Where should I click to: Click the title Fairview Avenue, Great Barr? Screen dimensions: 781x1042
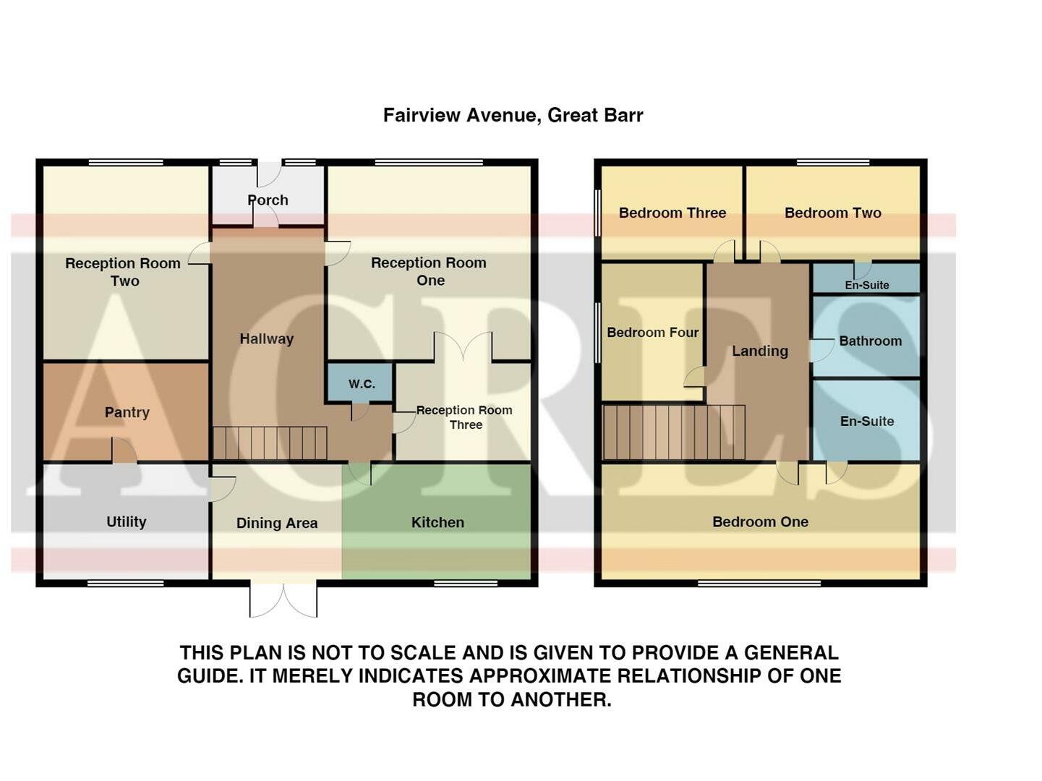tap(513, 115)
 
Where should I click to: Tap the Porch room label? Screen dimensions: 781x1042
tap(268, 200)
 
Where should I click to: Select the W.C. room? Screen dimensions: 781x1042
tap(361, 383)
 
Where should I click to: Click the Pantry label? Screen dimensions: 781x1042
tap(127, 412)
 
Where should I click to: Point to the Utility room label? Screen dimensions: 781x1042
tap(127, 521)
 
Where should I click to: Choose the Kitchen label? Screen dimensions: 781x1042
tap(437, 522)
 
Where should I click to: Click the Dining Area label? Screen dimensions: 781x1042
tap(277, 523)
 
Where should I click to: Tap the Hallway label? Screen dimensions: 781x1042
tap(267, 338)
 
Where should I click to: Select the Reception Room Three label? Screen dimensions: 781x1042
tap(464, 417)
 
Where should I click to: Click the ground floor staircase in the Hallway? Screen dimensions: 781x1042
tap(270, 443)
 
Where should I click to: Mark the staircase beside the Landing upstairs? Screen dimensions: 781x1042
tap(673, 432)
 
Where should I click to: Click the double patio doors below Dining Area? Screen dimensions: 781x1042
tap(283, 599)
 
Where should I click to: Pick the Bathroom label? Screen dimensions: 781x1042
tap(870, 341)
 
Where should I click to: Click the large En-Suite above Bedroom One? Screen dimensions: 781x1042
tap(866, 421)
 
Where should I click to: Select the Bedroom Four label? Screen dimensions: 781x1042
tap(652, 333)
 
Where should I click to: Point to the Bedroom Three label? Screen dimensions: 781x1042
tap(672, 213)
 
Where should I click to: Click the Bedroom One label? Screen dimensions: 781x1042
tap(760, 521)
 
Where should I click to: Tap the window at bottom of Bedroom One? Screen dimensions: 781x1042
tap(759, 583)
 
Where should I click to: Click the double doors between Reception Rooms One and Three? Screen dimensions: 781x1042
tap(464, 347)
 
